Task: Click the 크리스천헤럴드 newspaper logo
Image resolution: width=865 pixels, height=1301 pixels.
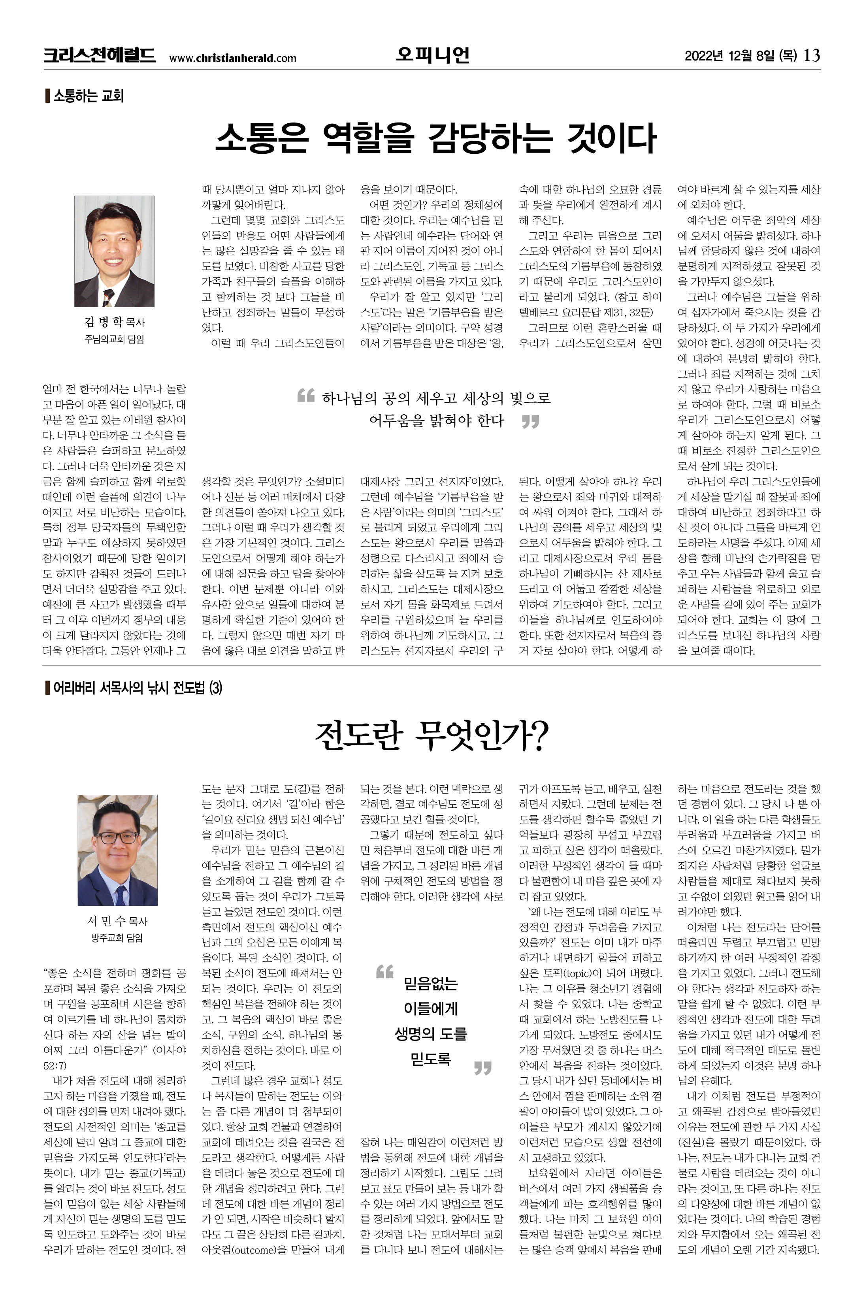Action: pos(99,56)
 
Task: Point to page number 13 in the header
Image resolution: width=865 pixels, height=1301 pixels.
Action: pos(812,55)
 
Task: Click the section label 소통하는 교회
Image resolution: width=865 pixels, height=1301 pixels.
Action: pos(88,96)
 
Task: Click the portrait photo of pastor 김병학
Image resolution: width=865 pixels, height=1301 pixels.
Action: pos(114,251)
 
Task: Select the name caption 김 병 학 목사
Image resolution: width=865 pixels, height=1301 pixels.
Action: pos(114,322)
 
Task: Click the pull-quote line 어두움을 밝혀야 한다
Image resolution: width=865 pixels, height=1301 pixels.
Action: pos(436,421)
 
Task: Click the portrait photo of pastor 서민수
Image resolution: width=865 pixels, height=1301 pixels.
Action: pos(117,850)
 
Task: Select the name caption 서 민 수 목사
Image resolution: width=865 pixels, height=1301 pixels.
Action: pos(117,920)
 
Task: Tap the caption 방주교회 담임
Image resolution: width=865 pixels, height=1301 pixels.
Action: pos(117,938)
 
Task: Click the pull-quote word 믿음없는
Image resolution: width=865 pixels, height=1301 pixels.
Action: pos(431,983)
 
